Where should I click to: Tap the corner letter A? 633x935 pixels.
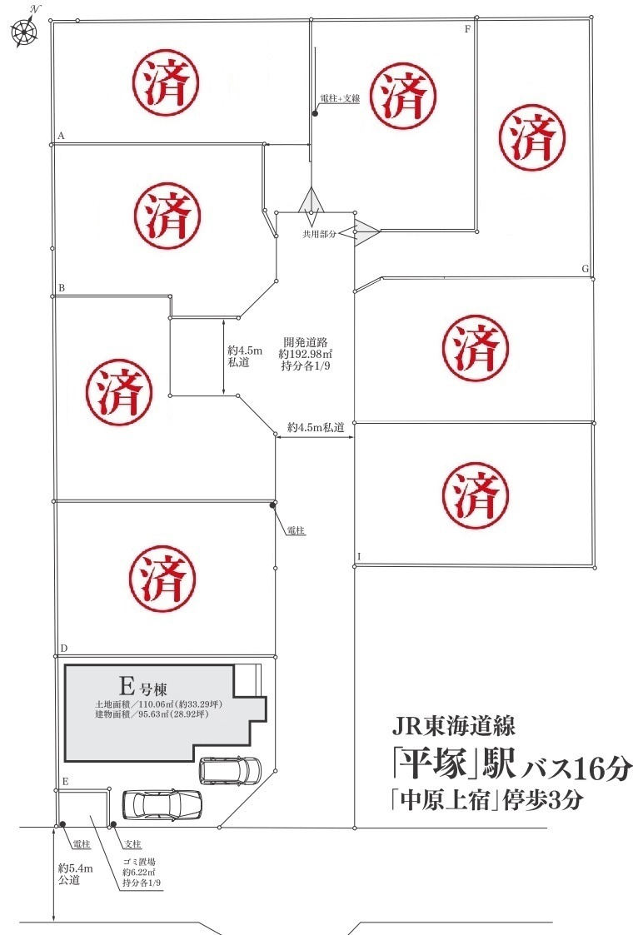(x=61, y=135)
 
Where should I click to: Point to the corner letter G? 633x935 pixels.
(x=586, y=269)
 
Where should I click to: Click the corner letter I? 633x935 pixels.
(x=359, y=556)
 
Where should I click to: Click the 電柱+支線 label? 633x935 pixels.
(x=340, y=99)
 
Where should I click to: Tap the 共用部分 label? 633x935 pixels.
(x=319, y=236)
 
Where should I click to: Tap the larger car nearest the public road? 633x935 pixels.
(x=162, y=805)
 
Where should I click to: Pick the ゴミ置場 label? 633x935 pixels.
(x=141, y=862)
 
